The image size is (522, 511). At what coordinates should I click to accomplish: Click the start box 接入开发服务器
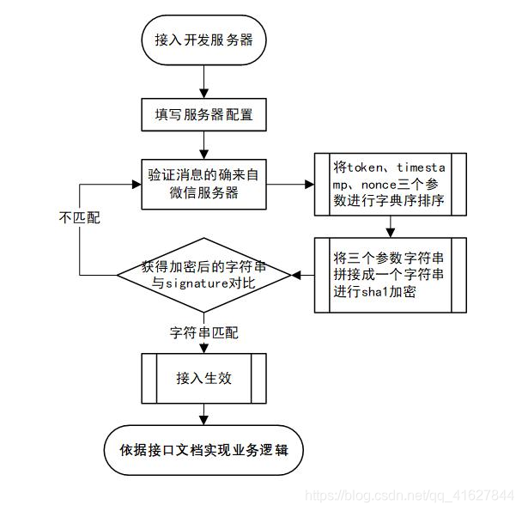203,40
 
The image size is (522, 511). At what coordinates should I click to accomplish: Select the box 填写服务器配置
203,113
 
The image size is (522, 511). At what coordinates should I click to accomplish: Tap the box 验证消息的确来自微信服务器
203,183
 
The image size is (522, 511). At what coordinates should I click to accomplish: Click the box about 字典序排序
391,183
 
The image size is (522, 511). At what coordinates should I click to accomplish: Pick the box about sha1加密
391,274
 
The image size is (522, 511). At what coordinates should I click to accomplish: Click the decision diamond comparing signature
203,275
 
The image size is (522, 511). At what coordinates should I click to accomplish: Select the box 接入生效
203,377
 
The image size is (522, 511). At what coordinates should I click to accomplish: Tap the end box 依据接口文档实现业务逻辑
203,448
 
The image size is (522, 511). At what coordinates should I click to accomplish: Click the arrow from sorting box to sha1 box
391,225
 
